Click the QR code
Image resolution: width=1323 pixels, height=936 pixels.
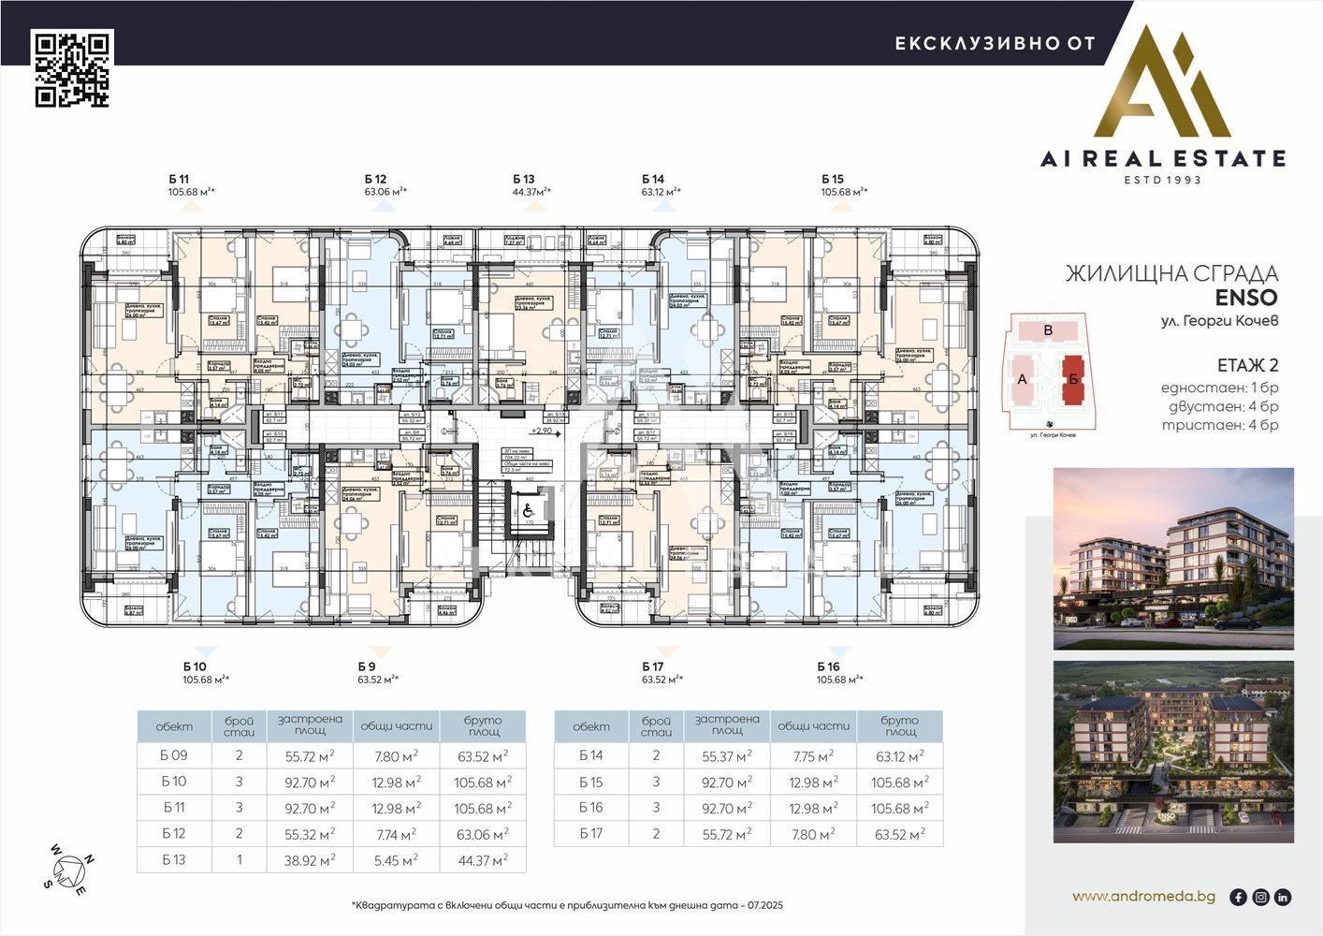(x=73, y=68)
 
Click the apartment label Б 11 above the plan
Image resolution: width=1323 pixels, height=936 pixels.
(x=179, y=179)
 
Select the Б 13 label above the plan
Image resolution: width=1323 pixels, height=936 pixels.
(x=523, y=179)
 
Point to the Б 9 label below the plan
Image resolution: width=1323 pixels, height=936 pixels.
(x=367, y=666)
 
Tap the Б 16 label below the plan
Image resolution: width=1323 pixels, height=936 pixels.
(x=828, y=666)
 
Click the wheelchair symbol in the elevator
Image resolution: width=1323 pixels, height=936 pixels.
(x=527, y=511)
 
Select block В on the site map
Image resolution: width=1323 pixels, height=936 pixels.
(x=1048, y=330)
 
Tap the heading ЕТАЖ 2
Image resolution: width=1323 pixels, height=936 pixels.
(x=1247, y=365)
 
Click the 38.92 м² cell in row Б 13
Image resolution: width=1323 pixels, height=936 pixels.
(x=302, y=859)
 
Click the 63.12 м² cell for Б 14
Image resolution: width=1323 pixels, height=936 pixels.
(x=900, y=756)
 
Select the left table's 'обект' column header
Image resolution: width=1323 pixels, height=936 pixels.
(x=174, y=726)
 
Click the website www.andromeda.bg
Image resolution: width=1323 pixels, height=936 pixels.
(x=1143, y=897)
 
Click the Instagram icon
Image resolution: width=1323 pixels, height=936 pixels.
(x=1260, y=897)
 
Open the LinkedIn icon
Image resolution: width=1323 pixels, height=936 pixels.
(x=1283, y=897)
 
